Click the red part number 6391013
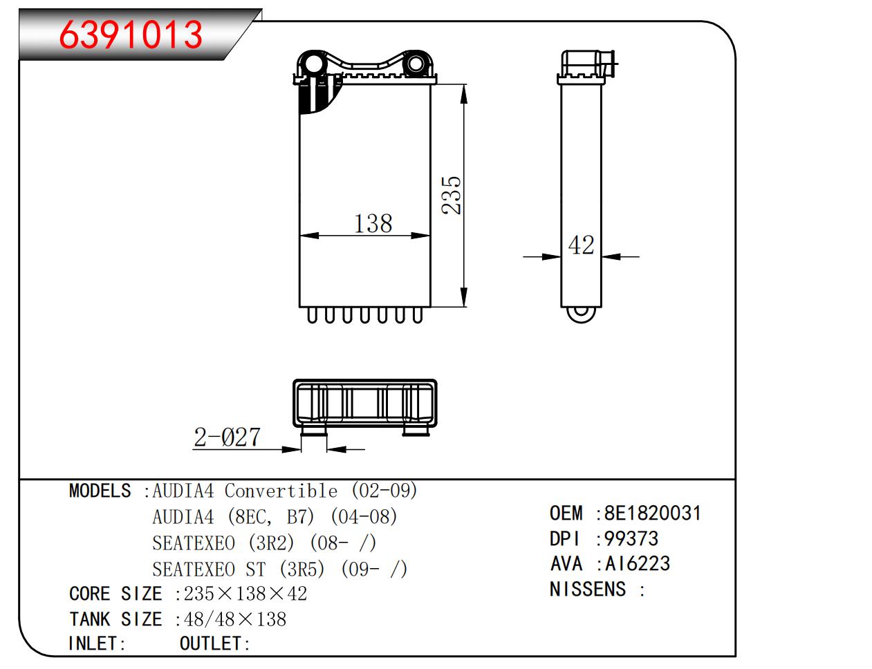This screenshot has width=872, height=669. point(131,35)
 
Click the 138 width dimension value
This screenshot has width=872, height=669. point(373,223)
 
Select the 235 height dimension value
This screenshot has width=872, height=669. point(451,194)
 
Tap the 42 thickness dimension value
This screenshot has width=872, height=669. point(581,245)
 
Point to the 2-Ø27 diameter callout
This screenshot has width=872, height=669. point(228,437)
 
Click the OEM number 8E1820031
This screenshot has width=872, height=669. point(652,513)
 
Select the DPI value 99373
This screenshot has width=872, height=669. point(631,538)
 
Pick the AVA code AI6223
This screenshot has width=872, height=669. point(637,564)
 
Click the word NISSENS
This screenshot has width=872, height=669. point(587,590)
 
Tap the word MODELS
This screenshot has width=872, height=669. point(100,491)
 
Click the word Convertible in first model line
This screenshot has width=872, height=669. point(281,491)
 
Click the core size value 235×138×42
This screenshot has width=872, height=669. point(245,594)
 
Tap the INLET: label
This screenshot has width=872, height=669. point(97,643)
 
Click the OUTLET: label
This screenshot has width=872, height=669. point(214,643)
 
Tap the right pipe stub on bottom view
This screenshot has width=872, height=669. point(417,431)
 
